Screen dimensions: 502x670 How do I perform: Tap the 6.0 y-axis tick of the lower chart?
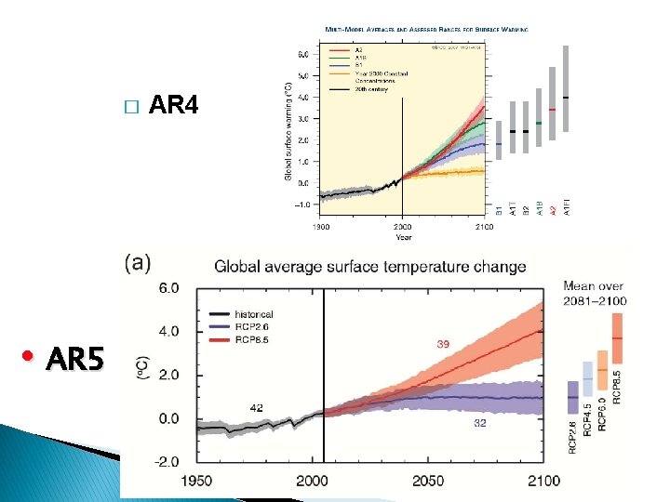tap(168, 288)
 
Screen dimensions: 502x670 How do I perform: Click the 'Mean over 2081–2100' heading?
tap(595, 293)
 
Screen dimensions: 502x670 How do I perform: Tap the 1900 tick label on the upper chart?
tap(319, 226)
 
